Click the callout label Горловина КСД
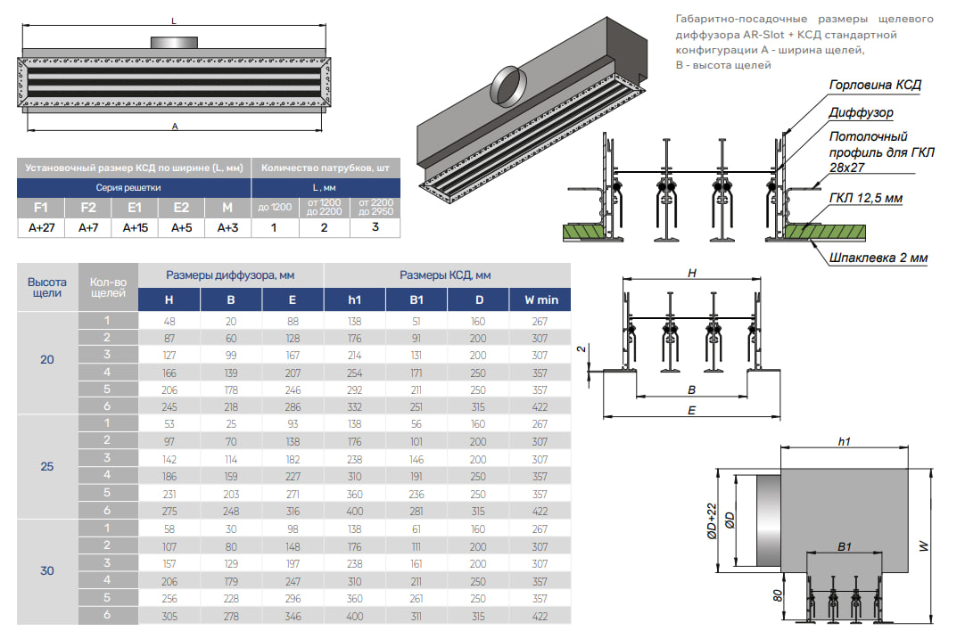coord(874,86)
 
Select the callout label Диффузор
coord(861,113)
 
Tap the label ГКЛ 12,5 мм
coord(866,197)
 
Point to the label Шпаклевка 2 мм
coord(878,258)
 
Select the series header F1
coord(41,208)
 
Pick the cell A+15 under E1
coord(136,227)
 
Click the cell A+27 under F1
coord(41,227)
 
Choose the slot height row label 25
coord(46,466)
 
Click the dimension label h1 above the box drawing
coord(844,441)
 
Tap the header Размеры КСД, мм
coord(445,275)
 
